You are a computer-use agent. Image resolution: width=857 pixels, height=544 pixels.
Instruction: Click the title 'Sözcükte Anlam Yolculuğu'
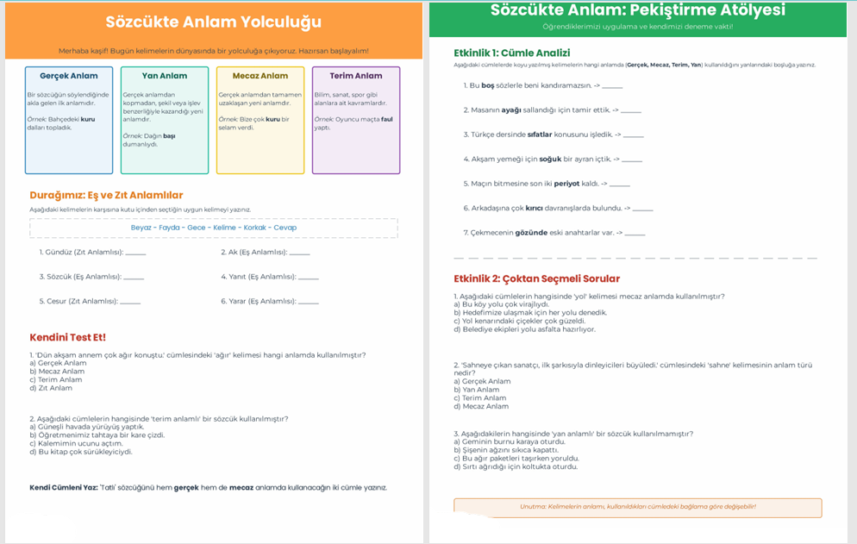click(x=213, y=22)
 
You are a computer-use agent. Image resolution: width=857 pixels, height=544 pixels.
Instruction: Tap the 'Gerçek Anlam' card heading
click(x=69, y=76)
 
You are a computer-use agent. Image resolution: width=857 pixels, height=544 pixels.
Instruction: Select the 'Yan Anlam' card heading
click(x=165, y=76)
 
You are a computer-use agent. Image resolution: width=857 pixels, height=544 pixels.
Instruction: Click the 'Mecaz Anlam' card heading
click(x=260, y=76)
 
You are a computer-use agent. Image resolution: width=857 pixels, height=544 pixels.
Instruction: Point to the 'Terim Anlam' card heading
click(x=356, y=76)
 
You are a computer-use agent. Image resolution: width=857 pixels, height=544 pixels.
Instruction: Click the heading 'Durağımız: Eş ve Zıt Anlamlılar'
click(x=106, y=195)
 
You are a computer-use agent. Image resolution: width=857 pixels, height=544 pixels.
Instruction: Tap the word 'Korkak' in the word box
click(x=255, y=228)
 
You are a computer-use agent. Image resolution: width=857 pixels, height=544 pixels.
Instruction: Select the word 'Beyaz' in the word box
click(x=141, y=228)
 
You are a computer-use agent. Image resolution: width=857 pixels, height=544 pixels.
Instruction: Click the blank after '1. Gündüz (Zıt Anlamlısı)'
click(x=135, y=253)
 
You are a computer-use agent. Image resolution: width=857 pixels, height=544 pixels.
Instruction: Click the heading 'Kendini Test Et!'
click(x=67, y=337)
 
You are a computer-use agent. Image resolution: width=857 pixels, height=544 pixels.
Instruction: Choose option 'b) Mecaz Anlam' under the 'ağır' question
click(x=57, y=372)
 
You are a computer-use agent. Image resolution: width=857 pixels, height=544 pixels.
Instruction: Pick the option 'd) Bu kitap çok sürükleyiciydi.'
click(x=81, y=452)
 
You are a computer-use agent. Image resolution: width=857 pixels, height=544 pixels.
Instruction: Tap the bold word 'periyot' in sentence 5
click(x=566, y=184)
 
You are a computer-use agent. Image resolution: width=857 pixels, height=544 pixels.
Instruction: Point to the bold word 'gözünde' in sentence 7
click(x=532, y=233)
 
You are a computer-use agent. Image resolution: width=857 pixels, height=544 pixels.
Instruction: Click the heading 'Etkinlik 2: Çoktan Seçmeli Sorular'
click(x=536, y=278)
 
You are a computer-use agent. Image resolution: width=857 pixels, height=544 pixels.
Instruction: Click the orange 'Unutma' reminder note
click(x=637, y=507)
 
